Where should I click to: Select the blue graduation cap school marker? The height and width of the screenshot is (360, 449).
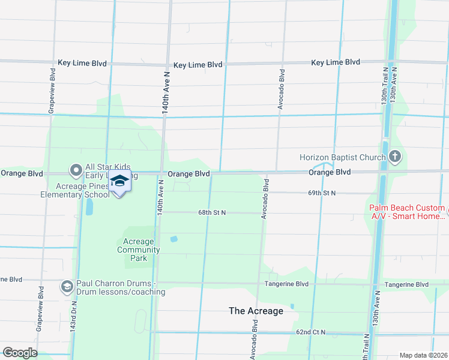tap(120, 181)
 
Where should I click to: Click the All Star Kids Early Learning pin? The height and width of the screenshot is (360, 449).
tap(76, 171)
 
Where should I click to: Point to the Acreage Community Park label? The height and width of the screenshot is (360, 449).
tap(139, 250)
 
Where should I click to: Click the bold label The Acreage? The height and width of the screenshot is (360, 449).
tap(256, 311)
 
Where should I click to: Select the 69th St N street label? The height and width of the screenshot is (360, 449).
tap(322, 193)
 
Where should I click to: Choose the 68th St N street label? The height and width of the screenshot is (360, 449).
tap(212, 212)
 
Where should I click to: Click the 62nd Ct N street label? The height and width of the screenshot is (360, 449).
tap(310, 332)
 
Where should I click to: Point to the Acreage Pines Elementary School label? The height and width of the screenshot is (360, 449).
tap(74, 190)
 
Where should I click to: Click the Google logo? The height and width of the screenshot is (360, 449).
tap(20, 352)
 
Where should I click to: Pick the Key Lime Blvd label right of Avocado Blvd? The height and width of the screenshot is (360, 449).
tap(336, 62)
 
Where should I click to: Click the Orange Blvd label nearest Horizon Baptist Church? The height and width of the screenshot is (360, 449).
tap(330, 172)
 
